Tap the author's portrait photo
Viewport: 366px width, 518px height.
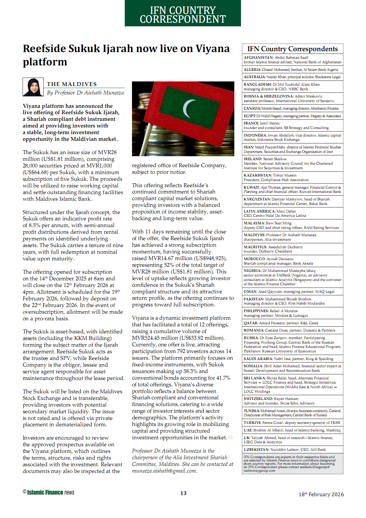tap(33, 87)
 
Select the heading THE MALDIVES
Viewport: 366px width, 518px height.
tap(72, 84)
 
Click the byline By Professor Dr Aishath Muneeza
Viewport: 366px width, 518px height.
tap(85, 93)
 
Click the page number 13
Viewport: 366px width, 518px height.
tap(183, 493)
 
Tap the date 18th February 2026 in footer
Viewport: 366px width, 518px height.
tap(321, 494)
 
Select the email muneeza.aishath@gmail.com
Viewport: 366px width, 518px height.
tap(164, 471)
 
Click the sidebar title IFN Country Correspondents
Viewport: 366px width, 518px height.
tap(292, 49)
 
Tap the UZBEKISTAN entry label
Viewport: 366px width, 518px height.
tap(256, 450)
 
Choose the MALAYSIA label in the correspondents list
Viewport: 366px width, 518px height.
tap(254, 223)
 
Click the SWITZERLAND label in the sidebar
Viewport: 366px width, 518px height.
tap(258, 399)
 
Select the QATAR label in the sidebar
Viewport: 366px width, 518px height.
tap(251, 323)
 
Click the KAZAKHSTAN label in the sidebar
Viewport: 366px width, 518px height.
tap(258, 175)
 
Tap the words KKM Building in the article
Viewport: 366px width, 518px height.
tap(94, 338)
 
